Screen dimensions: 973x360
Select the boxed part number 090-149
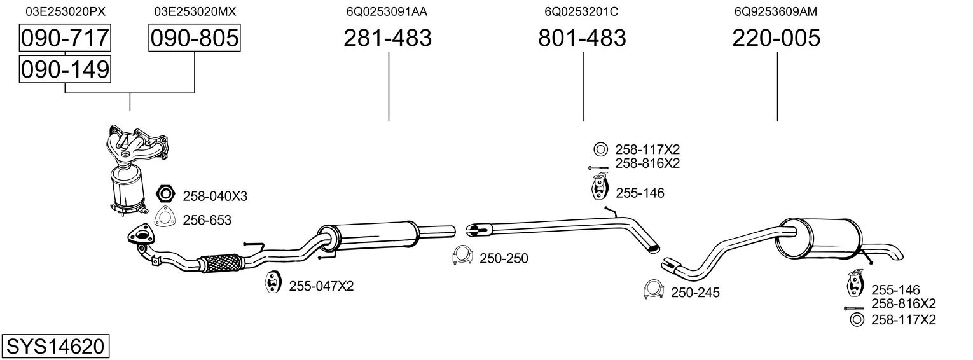(64, 69)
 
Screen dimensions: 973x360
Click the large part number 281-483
(387, 38)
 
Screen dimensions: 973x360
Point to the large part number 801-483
(582, 38)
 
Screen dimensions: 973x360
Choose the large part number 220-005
(776, 38)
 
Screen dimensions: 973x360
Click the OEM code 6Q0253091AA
(387, 11)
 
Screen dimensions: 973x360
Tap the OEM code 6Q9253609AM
(775, 11)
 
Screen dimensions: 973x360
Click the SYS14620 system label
(55, 347)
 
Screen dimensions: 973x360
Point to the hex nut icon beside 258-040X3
(165, 193)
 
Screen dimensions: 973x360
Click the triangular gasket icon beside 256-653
(165, 218)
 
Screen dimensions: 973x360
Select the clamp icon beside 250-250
(462, 255)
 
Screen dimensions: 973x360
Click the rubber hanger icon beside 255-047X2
(273, 282)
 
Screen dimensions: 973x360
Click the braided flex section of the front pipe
(221, 263)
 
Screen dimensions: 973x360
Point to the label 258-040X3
(215, 196)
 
